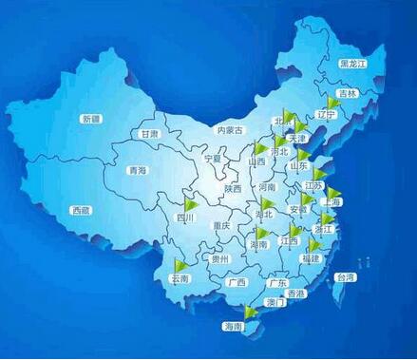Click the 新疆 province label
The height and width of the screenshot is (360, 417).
click(x=91, y=119)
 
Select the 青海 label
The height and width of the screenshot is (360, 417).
click(x=138, y=170)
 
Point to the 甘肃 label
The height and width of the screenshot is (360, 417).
click(x=149, y=135)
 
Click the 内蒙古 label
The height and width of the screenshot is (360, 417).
click(x=231, y=129)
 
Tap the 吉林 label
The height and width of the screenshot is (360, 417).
click(x=348, y=93)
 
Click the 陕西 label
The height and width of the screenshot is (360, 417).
click(x=234, y=189)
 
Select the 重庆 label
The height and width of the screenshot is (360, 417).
click(x=222, y=225)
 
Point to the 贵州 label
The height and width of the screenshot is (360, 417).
click(x=219, y=258)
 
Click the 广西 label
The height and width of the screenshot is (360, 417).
click(x=237, y=282)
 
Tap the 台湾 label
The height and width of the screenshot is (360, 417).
click(x=345, y=278)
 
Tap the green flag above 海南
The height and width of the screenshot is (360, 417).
click(x=251, y=311)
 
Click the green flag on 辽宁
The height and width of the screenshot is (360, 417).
click(x=332, y=102)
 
